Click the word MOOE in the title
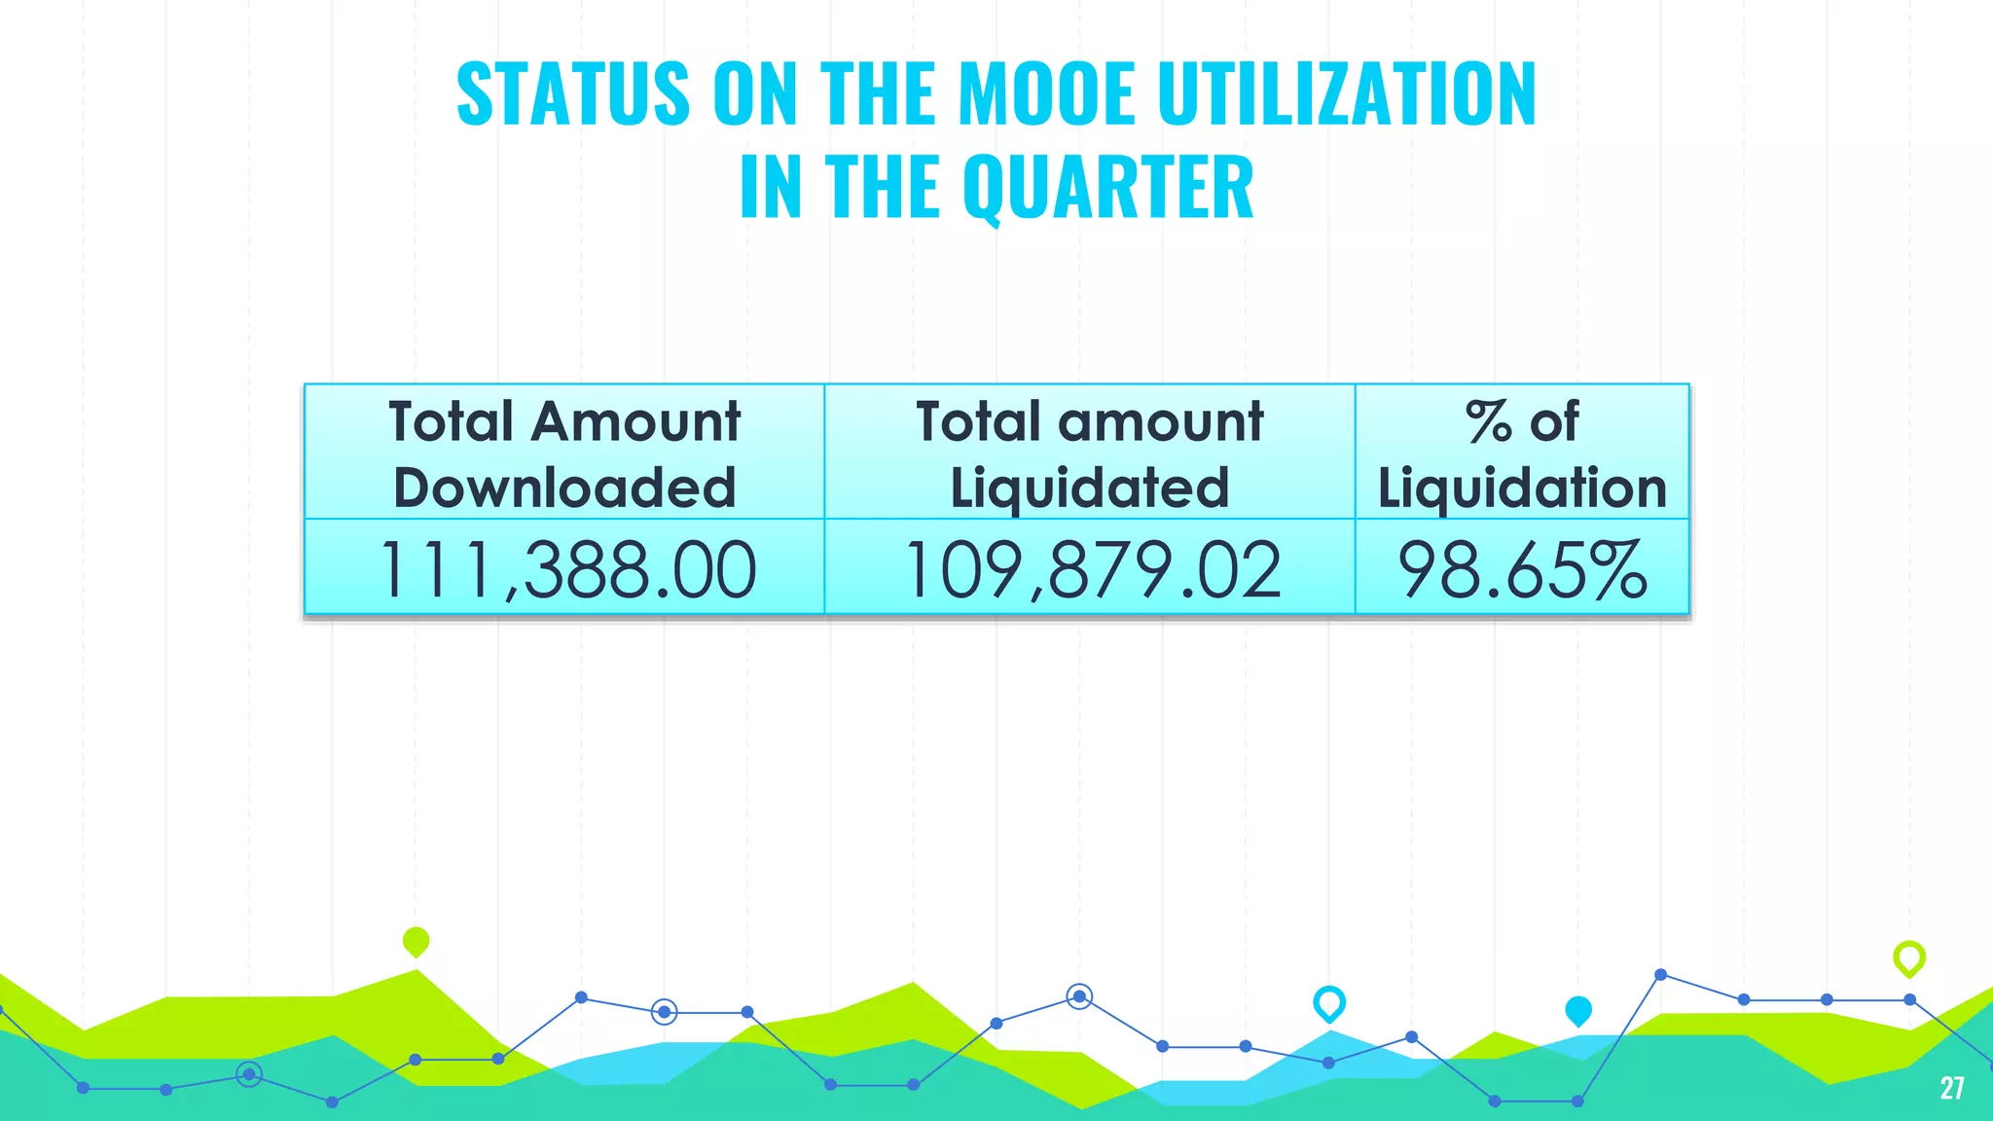(x=1046, y=94)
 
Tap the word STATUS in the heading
(x=573, y=94)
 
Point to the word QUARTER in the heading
(x=1108, y=188)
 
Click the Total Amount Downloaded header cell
(x=564, y=452)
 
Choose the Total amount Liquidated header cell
(x=1089, y=452)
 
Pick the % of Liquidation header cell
(x=1522, y=452)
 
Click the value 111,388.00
(x=566, y=569)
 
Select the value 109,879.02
(x=1092, y=569)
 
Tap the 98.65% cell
(x=1522, y=569)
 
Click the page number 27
(x=1951, y=1088)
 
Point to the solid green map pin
(x=416, y=941)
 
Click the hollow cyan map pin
(x=1328, y=1002)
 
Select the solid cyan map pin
(x=1577, y=1010)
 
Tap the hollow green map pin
(x=1908, y=958)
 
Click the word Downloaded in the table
(x=564, y=487)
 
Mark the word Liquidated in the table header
(x=1089, y=487)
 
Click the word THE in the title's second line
(x=883, y=188)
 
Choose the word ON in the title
(x=754, y=94)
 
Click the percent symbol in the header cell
(x=1488, y=422)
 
